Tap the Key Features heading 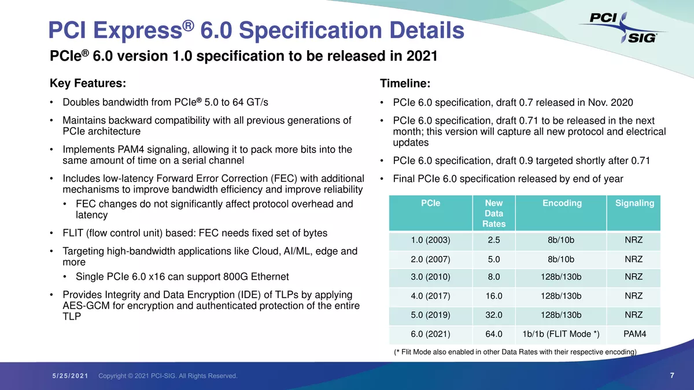coord(88,83)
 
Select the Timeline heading coord(405,84)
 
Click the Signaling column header coord(634,203)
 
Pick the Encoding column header coord(562,203)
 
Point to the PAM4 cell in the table coord(634,334)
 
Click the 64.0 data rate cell coord(494,334)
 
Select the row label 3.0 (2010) coord(430,277)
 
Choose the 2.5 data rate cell coord(494,240)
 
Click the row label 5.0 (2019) coord(430,315)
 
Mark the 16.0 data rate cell coord(494,296)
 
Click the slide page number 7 coord(672,376)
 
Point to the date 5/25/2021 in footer coord(69,376)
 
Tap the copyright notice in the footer coord(168,376)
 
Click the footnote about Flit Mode coord(515,352)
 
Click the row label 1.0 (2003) coord(430,240)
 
